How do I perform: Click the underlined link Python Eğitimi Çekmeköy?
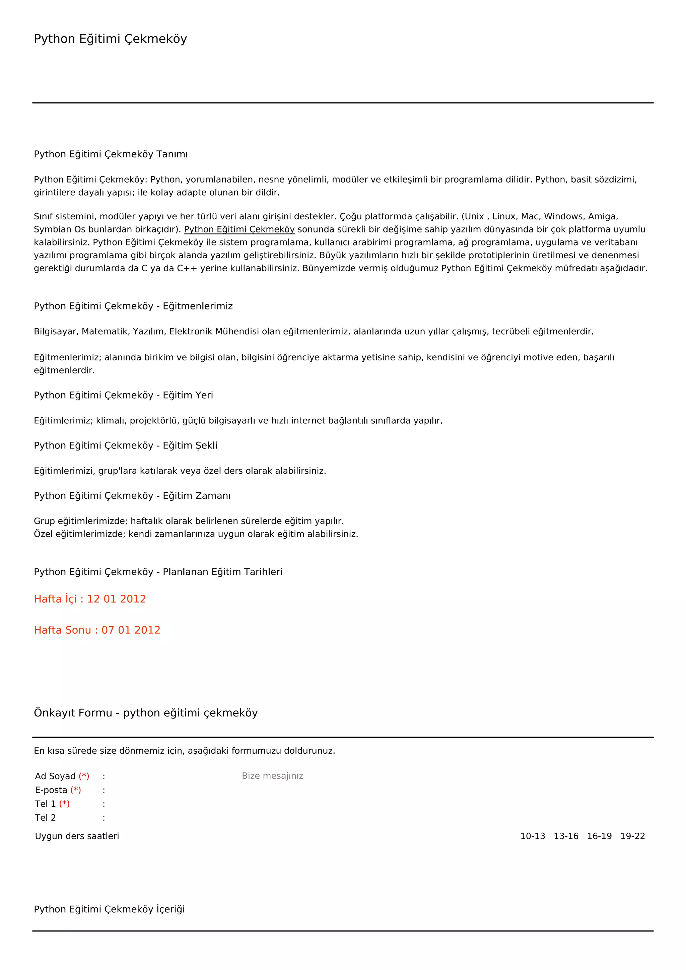point(239,229)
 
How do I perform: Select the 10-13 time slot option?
point(532,836)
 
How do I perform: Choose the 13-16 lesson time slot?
point(566,836)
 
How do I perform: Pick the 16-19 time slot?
point(599,836)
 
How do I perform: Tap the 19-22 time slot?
point(632,836)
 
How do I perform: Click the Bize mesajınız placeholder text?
point(272,776)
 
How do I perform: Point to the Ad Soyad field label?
point(55,776)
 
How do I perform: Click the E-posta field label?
point(51,790)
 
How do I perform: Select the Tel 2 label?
point(45,818)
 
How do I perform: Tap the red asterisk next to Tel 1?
point(64,804)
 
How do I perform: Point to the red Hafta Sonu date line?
point(97,630)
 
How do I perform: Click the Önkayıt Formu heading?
point(146,713)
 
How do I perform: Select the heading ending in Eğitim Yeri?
point(123,395)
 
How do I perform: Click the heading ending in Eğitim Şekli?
point(126,445)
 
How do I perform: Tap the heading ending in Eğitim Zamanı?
point(132,496)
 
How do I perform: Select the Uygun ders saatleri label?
point(77,836)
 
